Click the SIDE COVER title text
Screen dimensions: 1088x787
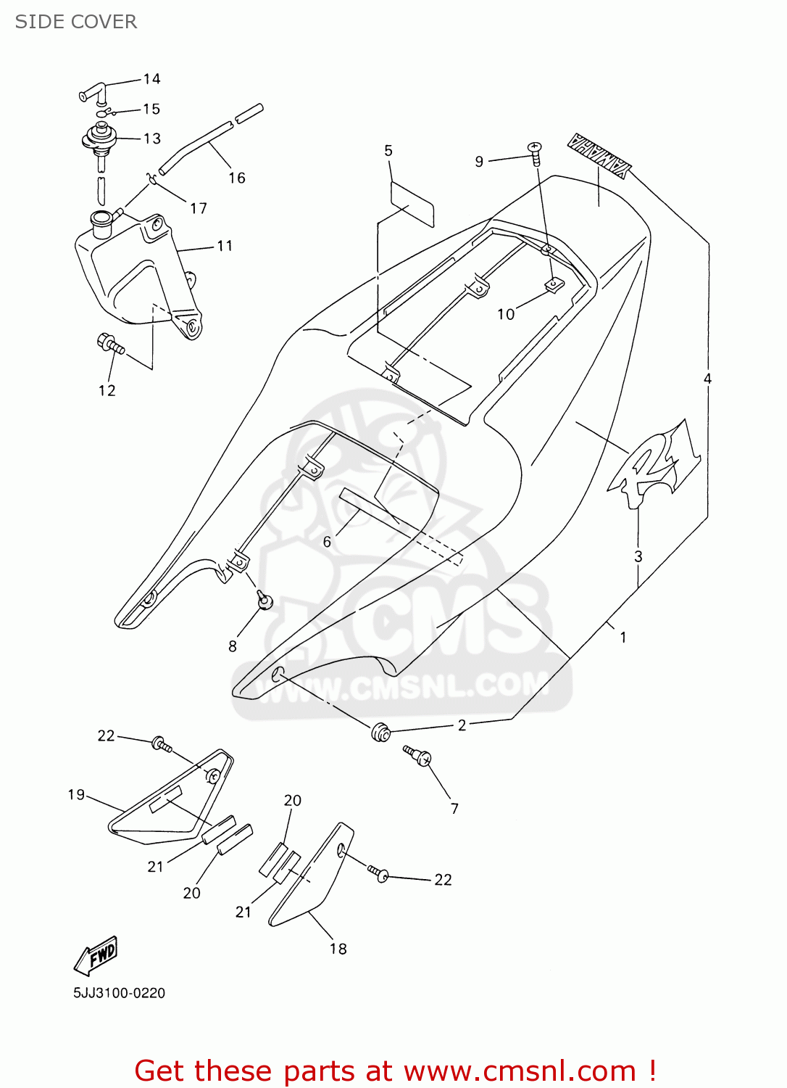coord(76,22)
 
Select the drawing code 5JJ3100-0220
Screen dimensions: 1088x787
coord(119,993)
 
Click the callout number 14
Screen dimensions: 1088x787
coord(151,79)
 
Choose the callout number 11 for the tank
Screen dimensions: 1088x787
coord(225,246)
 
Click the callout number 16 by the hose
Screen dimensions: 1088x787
coord(237,178)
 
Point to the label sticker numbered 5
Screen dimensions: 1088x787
coord(412,204)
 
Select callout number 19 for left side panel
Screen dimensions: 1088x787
coord(76,795)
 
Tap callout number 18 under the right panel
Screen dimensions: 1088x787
coord(338,949)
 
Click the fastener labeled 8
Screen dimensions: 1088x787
coord(265,600)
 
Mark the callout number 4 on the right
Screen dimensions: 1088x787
coord(707,379)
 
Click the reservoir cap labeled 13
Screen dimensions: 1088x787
coord(99,136)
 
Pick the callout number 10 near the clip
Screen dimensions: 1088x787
coord(505,314)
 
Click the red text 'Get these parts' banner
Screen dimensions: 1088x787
coord(396,1071)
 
